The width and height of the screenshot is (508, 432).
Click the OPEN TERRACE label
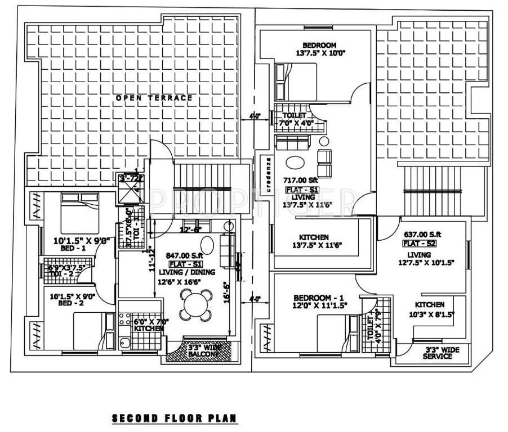[x=154, y=98]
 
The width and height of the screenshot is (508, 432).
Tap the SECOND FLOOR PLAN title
[x=175, y=418]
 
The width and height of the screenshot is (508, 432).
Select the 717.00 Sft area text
[x=302, y=181]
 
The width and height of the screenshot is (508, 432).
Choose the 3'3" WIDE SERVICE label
[x=442, y=353]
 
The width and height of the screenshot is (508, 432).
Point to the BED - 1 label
[x=73, y=248]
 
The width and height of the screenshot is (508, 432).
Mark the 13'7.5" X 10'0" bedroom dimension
[x=320, y=54]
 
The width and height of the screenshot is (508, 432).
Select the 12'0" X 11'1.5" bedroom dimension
[x=319, y=305]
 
